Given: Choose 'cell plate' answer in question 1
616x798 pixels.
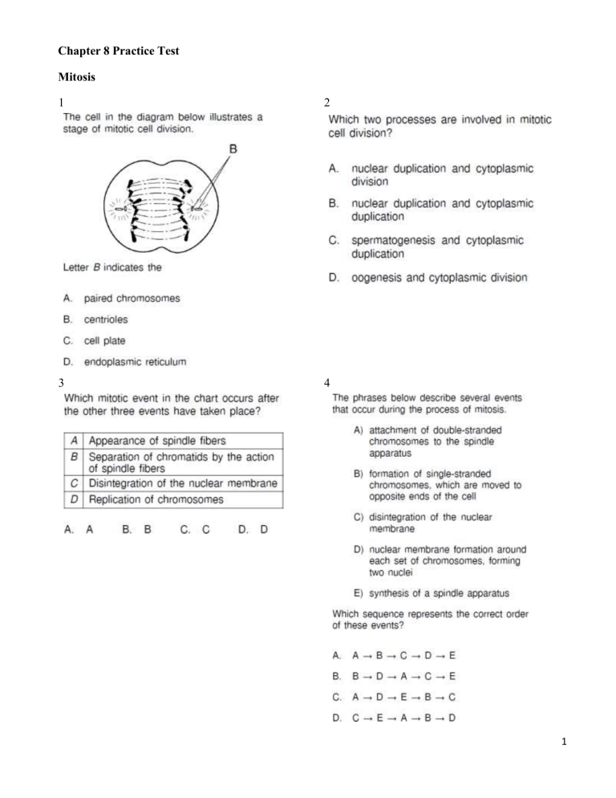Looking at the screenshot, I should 104,340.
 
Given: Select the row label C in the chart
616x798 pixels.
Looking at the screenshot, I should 74,484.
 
